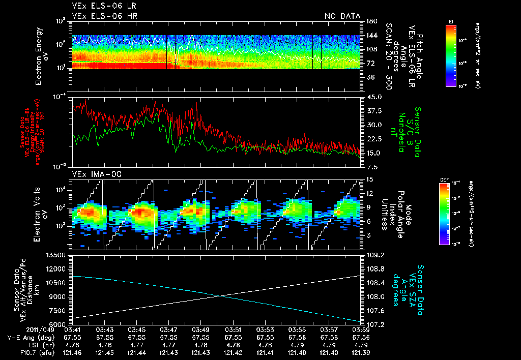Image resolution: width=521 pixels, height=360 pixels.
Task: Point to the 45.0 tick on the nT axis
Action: click(374, 97)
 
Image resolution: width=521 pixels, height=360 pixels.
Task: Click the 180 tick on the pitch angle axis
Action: click(371, 21)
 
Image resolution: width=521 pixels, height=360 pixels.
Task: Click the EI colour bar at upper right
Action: click(451, 55)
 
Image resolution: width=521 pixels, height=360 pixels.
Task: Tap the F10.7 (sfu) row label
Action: click(21, 352)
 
